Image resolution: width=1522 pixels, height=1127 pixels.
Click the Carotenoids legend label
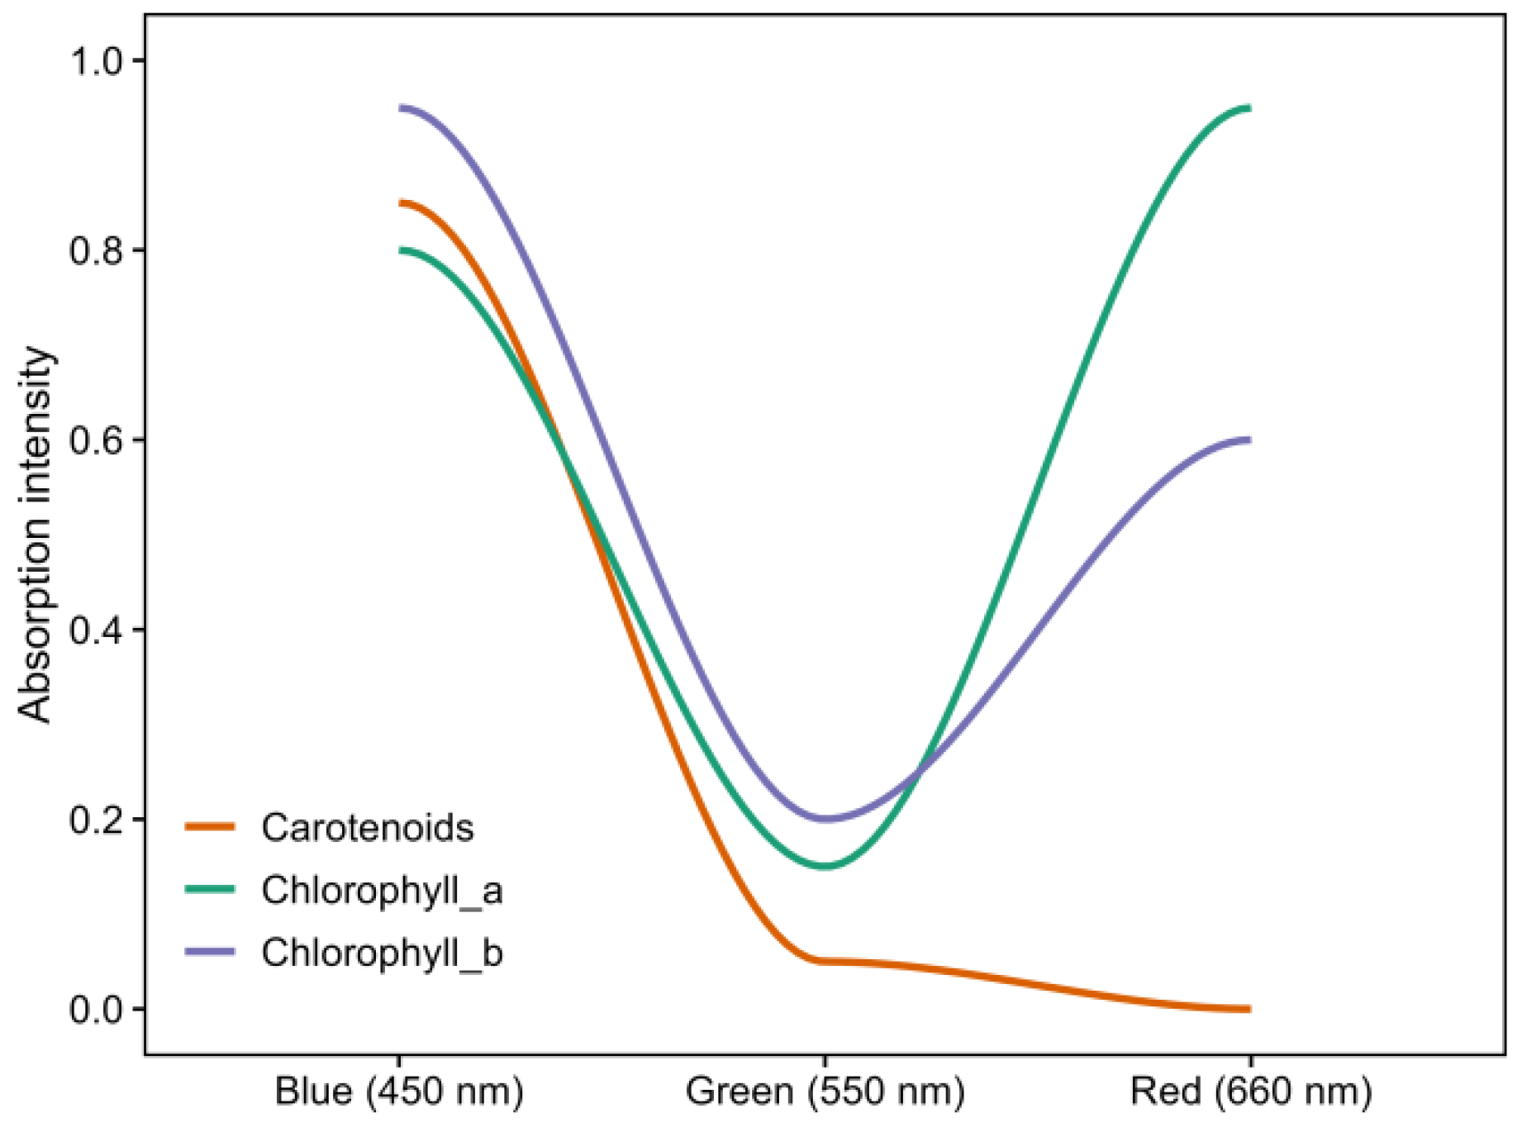pos(367,828)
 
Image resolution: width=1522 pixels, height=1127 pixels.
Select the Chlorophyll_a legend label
pos(382,891)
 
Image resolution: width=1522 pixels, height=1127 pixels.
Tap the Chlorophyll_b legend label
pos(382,953)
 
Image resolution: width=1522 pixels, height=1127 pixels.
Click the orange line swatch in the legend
pos(210,826)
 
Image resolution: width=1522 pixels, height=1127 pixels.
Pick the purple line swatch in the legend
pos(210,952)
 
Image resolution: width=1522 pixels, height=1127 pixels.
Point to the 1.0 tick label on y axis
pos(96,61)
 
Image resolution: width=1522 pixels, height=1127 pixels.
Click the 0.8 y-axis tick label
pos(96,250)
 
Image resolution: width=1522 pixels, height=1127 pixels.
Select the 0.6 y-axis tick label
pos(96,440)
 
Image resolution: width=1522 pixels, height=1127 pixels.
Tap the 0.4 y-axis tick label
pos(96,630)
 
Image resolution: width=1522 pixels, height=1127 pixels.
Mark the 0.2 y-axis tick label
pos(96,820)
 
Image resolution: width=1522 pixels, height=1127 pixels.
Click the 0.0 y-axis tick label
pos(96,1010)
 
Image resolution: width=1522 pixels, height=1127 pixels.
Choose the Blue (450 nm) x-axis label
pos(399,1091)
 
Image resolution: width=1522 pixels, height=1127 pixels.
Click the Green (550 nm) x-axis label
pos(825,1091)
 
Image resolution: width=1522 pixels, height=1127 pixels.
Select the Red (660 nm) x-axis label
pos(1250,1091)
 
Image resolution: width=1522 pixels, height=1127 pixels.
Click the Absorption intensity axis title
pos(35,535)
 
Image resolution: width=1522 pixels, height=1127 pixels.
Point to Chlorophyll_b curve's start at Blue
pos(401,108)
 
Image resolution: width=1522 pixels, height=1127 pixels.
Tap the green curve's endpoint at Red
pos(1249,108)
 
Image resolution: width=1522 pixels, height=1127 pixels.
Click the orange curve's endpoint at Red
pos(1249,1009)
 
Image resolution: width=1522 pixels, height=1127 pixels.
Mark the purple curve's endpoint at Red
pos(1249,440)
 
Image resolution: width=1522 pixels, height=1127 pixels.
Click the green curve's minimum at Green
pos(825,867)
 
